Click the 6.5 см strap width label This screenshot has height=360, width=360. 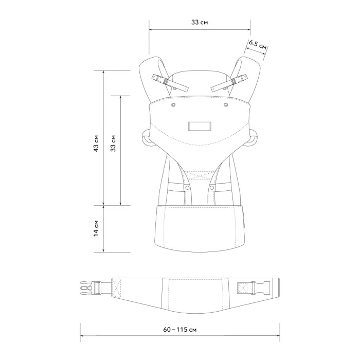coord(258,45)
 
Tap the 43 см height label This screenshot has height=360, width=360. coord(97,143)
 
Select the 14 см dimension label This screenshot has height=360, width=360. coord(97,228)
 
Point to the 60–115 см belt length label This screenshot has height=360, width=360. coord(180,330)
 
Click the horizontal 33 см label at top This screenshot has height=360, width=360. coord(200,22)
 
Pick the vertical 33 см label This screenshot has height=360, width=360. coord(113,143)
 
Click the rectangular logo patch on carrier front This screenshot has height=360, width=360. coord(200,126)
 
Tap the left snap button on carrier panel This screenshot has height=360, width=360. coord(173,105)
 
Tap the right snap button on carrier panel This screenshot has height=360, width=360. coord(226,105)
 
